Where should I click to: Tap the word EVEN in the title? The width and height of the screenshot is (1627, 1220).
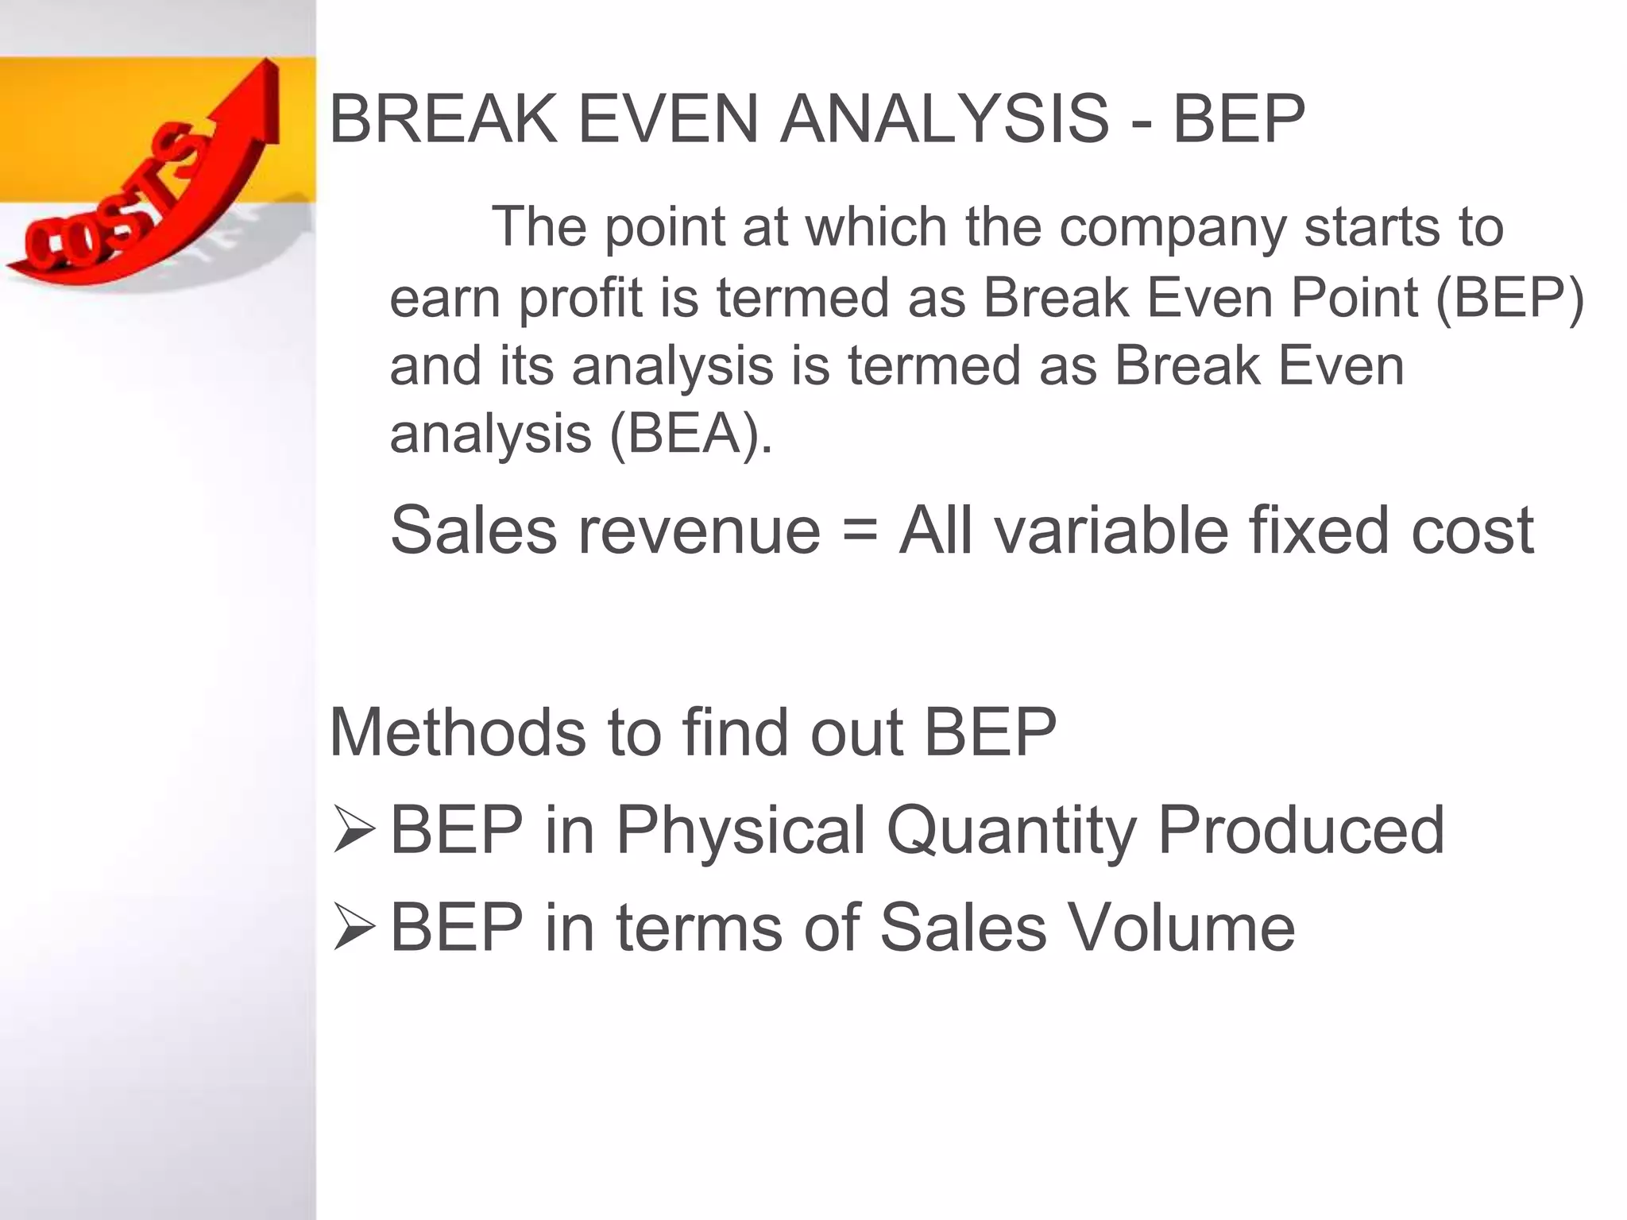[x=668, y=119]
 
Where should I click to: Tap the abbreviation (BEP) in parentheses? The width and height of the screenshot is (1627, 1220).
[x=1509, y=298]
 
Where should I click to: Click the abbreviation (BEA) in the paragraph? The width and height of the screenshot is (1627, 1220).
[x=690, y=434]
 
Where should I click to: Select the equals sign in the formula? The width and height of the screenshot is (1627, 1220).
[x=860, y=531]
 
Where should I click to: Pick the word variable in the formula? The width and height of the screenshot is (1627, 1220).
[x=1112, y=531]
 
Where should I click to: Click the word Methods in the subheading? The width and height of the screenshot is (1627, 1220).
[x=457, y=732]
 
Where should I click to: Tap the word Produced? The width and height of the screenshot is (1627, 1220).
[x=1300, y=829]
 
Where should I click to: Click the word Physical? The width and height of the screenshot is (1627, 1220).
[x=740, y=831]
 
